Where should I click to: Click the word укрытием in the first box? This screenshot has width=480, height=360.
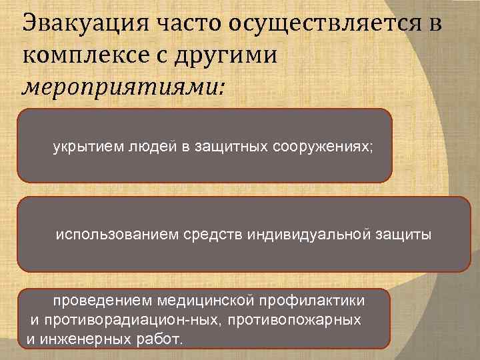(x=82, y=147)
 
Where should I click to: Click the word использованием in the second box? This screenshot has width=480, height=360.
(x=107, y=235)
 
